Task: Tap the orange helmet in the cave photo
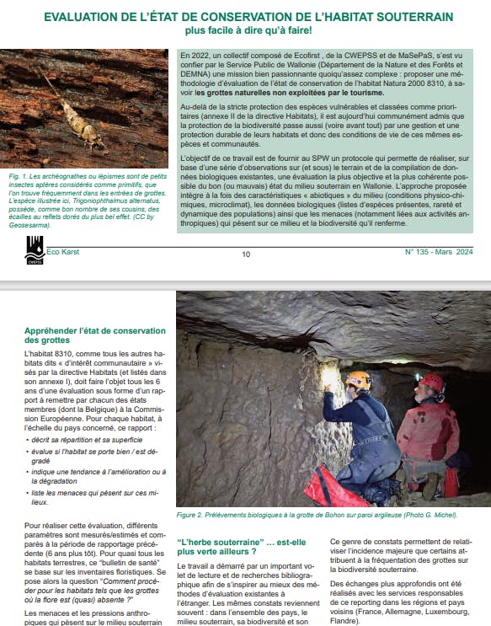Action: (x=358, y=380)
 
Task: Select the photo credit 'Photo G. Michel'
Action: (x=428, y=514)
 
